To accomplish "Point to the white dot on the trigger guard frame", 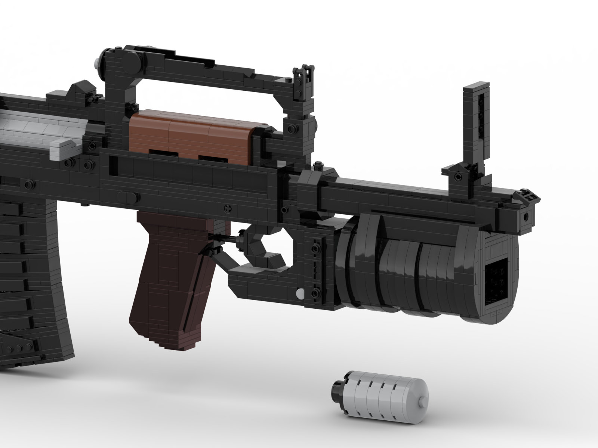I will click(x=299, y=294).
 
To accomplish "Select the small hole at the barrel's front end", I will click(x=526, y=216).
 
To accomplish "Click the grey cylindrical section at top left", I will click(x=22, y=123).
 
